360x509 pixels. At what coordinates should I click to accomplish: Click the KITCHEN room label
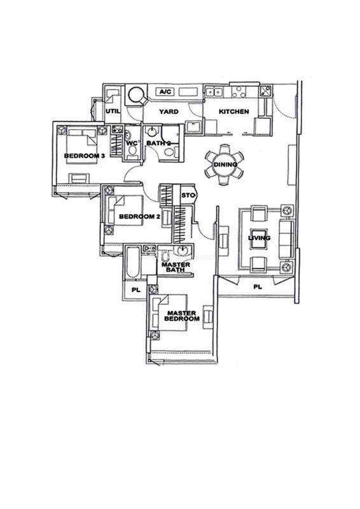click(x=233, y=112)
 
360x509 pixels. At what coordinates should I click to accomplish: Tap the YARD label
click(x=169, y=112)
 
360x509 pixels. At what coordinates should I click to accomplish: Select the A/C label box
click(x=165, y=92)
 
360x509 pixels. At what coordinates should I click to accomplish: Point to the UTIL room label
click(x=113, y=111)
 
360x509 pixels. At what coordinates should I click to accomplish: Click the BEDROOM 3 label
click(x=85, y=156)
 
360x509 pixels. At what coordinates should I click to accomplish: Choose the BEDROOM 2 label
click(x=139, y=216)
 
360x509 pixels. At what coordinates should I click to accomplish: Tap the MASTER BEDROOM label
click(x=182, y=316)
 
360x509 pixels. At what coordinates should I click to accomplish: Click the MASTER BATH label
click(x=176, y=267)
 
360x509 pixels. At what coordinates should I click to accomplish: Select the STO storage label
click(x=188, y=195)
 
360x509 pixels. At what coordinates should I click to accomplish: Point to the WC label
click(x=132, y=143)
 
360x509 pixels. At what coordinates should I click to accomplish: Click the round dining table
click(x=225, y=165)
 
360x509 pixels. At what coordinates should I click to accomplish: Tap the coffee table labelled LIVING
click(x=259, y=238)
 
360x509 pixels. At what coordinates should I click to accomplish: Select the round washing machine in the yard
click(x=135, y=94)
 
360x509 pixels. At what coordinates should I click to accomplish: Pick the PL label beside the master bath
click(x=136, y=290)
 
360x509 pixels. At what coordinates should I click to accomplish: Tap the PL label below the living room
click(x=258, y=287)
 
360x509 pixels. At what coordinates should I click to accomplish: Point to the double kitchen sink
click(x=214, y=92)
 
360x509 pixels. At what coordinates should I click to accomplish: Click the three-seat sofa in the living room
click(x=286, y=239)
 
